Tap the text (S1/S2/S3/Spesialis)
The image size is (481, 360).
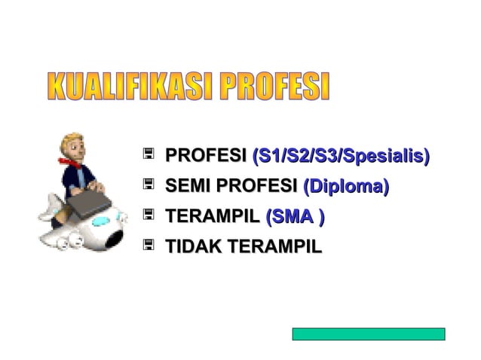(x=341, y=157)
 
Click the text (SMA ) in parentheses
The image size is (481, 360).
(x=295, y=217)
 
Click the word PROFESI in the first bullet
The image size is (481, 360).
(x=206, y=157)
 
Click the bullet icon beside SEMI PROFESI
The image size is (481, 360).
(x=149, y=185)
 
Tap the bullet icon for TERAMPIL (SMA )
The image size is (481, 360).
(x=149, y=215)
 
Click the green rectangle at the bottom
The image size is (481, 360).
(x=368, y=334)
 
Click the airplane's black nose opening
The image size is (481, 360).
(x=113, y=239)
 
